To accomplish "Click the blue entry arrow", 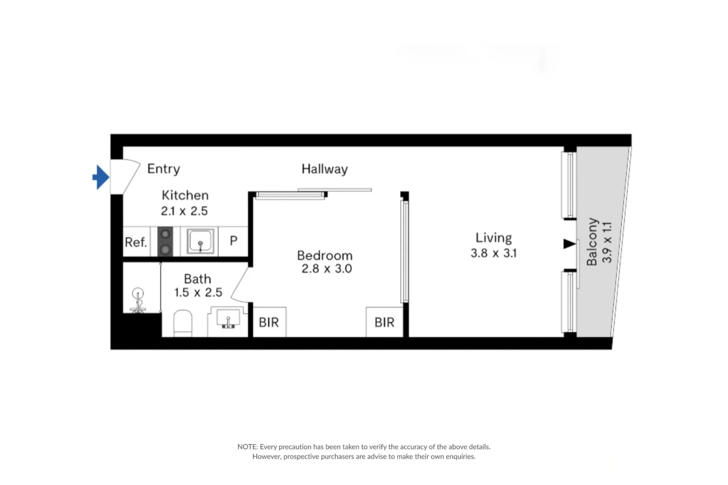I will [x=101, y=177].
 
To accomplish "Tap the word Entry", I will [x=163, y=169].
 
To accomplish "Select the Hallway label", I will [x=324, y=169].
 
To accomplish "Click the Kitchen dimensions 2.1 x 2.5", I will [x=184, y=211].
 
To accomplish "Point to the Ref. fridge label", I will [x=136, y=242].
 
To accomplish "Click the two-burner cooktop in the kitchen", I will [x=165, y=242].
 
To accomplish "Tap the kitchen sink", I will [x=200, y=241].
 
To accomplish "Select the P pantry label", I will [x=234, y=241].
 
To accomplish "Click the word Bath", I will [x=197, y=279].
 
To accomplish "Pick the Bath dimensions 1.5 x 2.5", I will [x=198, y=293].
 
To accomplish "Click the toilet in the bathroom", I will [x=183, y=322].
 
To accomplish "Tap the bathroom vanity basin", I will [x=228, y=319].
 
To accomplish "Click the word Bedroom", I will [x=325, y=256].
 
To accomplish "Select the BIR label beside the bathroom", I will [x=269, y=322].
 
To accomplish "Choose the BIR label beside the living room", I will [x=384, y=322].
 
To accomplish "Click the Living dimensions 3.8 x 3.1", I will [x=494, y=253].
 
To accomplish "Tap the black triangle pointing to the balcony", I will [x=569, y=244].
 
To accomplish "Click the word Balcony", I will [x=592, y=242].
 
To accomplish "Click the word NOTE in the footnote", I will [x=247, y=447].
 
